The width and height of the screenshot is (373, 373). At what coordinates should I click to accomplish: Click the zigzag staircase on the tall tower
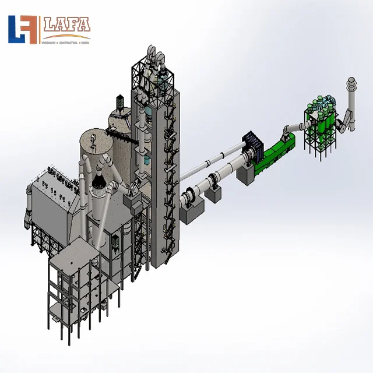170,175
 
